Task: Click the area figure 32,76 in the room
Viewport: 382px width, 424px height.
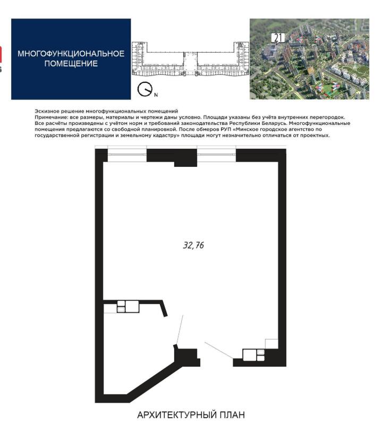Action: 193,245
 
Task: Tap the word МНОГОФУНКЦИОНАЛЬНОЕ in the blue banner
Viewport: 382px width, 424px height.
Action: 71,54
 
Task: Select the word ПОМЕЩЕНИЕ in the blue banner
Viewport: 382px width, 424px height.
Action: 71,64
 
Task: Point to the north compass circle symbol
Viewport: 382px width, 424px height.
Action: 144,89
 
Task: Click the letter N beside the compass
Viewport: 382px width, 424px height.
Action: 156,95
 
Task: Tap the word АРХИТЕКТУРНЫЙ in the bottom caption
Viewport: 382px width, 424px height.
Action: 177,414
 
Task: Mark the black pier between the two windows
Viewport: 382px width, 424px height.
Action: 172,157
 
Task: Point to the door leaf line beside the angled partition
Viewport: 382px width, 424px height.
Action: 180,329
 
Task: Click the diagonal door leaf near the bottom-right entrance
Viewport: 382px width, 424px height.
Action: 219,350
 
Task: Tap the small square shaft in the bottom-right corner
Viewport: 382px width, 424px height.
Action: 271,344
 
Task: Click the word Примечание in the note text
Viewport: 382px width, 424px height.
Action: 51,117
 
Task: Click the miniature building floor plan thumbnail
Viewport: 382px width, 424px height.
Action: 190,60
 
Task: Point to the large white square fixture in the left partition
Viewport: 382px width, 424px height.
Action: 132,307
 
